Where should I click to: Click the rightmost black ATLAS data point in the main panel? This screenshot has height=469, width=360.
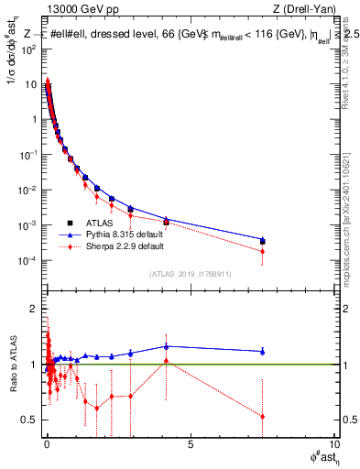tap(263, 242)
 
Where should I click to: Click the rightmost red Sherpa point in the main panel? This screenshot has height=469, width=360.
tap(263, 251)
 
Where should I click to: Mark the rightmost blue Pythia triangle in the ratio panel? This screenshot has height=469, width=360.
tap(263, 351)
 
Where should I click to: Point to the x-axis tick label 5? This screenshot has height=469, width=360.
tap(190, 446)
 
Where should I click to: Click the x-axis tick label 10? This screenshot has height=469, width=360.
tap(333, 446)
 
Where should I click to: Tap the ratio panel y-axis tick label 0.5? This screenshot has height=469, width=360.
tap(29, 420)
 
